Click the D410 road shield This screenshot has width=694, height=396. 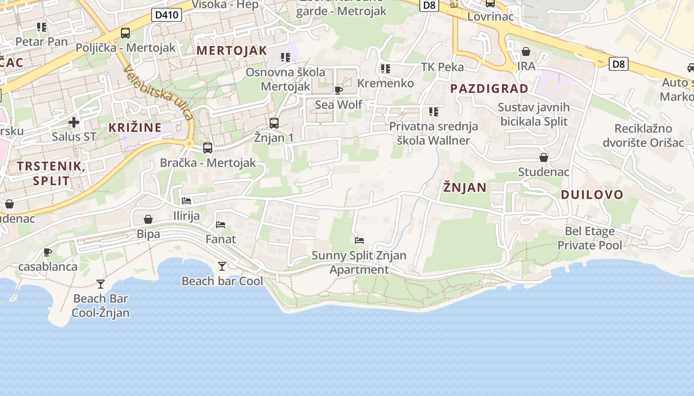(166, 15)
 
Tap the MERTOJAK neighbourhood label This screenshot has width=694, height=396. (231, 50)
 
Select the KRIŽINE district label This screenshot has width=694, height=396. (135, 127)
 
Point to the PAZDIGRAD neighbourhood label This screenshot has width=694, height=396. (489, 89)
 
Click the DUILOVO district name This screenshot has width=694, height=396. (592, 195)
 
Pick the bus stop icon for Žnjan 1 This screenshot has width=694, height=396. (274, 123)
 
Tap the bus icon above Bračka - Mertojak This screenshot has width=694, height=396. (208, 148)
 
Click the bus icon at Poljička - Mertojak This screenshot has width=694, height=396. (125, 33)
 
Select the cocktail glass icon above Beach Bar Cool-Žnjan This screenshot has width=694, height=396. (101, 284)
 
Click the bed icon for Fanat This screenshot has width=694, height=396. (221, 225)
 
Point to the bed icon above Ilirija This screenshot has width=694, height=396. (186, 201)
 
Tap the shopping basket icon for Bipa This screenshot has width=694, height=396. (148, 219)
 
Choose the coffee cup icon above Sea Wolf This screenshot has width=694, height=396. (339, 90)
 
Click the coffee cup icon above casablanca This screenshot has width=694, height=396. (48, 252)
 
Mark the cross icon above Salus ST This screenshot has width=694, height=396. (74, 122)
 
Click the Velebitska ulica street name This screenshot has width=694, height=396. (159, 92)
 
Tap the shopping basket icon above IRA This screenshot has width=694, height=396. (526, 51)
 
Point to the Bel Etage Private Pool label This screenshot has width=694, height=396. (589, 238)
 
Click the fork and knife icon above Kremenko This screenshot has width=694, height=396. (385, 68)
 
